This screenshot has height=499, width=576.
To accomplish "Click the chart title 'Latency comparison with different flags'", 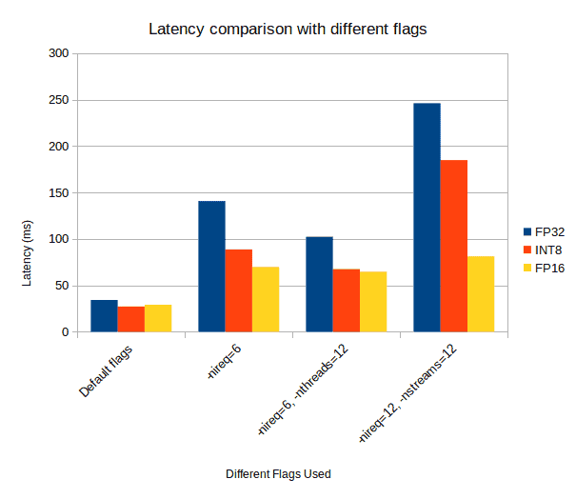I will point(288,29).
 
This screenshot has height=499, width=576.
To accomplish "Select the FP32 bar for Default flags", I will point(104,316).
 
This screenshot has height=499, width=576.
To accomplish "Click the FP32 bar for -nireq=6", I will point(211,267).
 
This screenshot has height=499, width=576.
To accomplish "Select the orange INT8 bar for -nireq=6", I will point(238,290).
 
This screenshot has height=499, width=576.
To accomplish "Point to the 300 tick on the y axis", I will point(59,54).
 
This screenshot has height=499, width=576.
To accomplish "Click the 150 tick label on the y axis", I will point(59,193).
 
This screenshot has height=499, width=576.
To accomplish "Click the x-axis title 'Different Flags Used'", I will point(278,474).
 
